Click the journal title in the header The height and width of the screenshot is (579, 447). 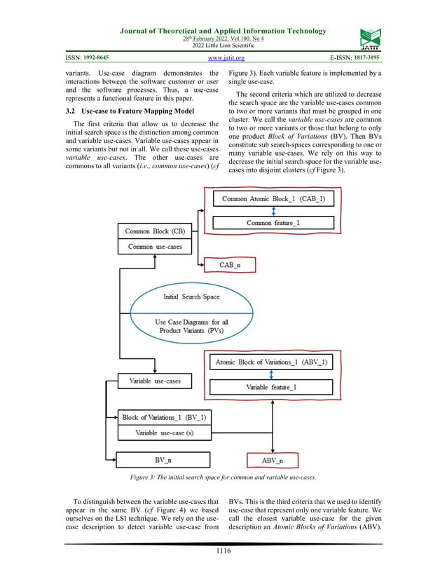click(x=224, y=31)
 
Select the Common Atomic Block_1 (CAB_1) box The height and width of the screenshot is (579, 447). click(x=273, y=199)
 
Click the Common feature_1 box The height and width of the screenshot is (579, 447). click(x=273, y=222)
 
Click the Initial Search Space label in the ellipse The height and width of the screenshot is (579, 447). click(x=191, y=297)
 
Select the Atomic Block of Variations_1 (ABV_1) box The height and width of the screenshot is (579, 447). click(x=271, y=362)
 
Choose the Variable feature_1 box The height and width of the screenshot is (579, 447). click(x=271, y=386)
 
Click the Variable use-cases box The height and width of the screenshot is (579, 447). click(x=155, y=381)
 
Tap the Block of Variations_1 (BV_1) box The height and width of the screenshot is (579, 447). click(x=163, y=417)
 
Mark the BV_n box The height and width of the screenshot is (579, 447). click(x=163, y=460)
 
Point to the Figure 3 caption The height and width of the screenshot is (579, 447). click(x=223, y=477)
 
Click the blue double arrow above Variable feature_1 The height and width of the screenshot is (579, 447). click(x=271, y=374)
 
